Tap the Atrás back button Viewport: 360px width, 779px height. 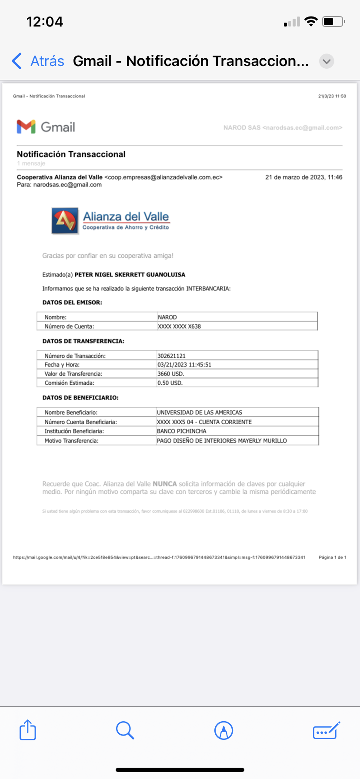(x=38, y=61)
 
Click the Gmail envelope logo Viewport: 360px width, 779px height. (x=26, y=127)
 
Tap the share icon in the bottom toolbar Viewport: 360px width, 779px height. (x=28, y=730)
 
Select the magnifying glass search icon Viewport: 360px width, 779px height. (x=125, y=730)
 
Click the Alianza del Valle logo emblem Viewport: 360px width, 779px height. (x=65, y=221)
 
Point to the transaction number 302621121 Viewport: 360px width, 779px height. (x=171, y=356)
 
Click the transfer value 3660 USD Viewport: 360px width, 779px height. (x=170, y=374)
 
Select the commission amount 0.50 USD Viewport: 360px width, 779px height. (x=170, y=383)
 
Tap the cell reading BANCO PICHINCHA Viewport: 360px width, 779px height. (x=182, y=431)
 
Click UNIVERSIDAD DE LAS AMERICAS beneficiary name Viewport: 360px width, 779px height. (x=200, y=413)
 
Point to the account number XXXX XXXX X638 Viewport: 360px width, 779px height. (x=179, y=326)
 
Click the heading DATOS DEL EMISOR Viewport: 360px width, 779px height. (x=72, y=303)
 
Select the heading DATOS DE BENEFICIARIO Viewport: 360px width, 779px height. (x=80, y=398)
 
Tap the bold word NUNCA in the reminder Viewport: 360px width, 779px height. (x=165, y=484)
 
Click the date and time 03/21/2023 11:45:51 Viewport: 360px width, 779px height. (x=184, y=365)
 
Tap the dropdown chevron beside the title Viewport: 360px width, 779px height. (x=327, y=61)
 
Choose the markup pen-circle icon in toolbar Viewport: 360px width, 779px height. (x=223, y=730)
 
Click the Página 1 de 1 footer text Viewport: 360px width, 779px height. (x=332, y=557)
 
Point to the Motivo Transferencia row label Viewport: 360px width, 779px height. (x=71, y=441)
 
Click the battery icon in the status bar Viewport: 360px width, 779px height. (x=333, y=22)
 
